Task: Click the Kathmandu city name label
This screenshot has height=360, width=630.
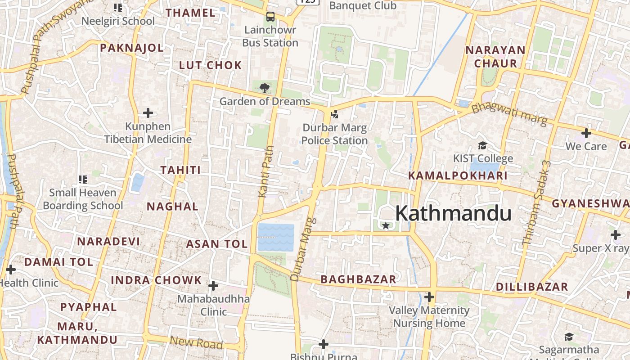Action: click(x=453, y=213)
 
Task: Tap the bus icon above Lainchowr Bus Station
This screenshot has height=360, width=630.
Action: click(x=270, y=17)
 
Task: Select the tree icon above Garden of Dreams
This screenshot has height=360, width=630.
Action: click(x=265, y=88)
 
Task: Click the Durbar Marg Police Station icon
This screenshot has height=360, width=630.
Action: click(x=334, y=114)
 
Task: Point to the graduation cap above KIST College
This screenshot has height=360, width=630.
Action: click(x=482, y=145)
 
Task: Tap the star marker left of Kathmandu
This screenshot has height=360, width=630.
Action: click(x=386, y=225)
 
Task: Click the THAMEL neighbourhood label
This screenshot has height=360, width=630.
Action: click(x=191, y=13)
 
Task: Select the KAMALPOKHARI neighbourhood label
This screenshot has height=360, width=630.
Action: click(x=458, y=175)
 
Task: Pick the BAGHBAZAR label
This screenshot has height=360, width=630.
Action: click(x=358, y=279)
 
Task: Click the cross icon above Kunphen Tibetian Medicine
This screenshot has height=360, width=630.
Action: click(x=148, y=113)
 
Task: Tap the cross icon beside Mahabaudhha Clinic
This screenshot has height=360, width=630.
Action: click(x=213, y=286)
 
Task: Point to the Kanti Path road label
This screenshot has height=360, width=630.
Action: click(x=266, y=171)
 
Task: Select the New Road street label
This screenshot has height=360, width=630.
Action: click(x=196, y=343)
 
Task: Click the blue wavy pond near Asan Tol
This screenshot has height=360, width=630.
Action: click(x=276, y=237)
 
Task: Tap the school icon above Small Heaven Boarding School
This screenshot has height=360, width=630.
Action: click(x=82, y=180)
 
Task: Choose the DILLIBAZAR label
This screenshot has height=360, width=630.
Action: click(x=532, y=287)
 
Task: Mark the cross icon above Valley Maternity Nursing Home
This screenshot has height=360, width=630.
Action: click(x=429, y=297)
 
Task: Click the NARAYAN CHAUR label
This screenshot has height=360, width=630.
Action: click(x=495, y=57)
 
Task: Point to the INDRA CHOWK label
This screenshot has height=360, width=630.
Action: click(x=156, y=280)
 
